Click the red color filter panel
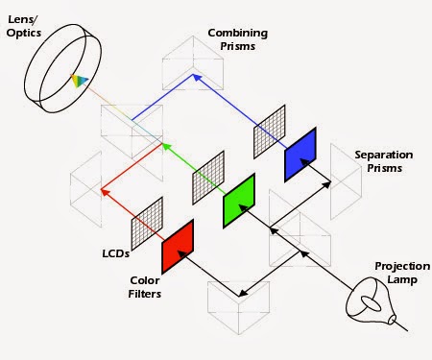(179, 247)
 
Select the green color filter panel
(238, 199)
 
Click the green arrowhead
(165, 147)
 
